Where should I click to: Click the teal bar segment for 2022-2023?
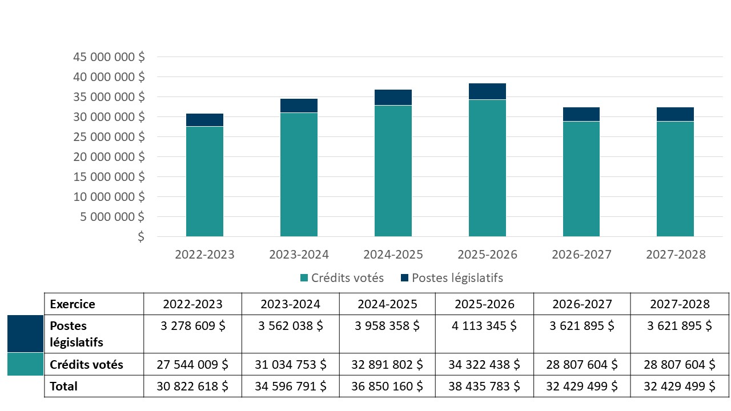point(204,182)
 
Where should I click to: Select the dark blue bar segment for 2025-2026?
point(487,91)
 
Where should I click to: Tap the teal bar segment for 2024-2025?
point(393,171)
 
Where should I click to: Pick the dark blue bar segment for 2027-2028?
point(675,114)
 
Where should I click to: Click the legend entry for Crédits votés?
point(342,278)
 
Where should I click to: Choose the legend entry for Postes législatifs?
point(451,278)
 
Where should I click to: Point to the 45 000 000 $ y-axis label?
point(109,57)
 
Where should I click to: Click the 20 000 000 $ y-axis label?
point(109,157)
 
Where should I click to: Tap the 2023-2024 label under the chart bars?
point(299,255)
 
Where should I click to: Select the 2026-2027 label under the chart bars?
point(581,255)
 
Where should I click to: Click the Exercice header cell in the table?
point(73,304)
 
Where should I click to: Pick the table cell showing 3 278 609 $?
point(192,326)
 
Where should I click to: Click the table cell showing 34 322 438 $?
point(484,364)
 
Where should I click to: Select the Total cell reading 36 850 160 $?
point(387,386)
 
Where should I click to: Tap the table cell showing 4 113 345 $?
point(484,326)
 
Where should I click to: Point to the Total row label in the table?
point(63,386)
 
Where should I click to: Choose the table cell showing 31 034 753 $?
point(291,364)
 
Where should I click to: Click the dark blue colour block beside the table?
point(25,333)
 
